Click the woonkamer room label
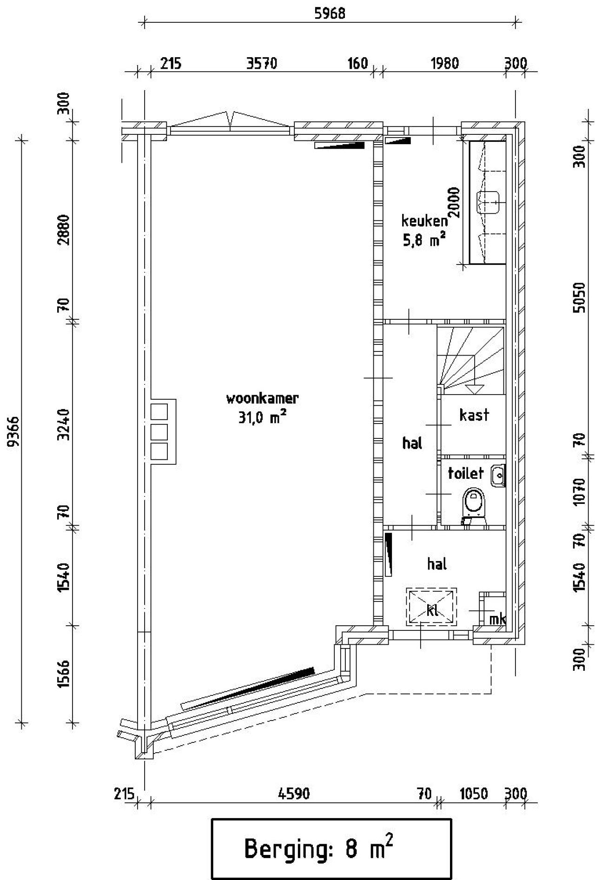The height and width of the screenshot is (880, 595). coord(262,398)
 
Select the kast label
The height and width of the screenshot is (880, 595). coord(474,415)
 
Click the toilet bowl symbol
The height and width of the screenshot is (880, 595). coord(474,503)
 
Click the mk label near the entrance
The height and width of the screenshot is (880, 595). coord(497,619)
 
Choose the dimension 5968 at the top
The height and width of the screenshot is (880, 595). coord(330,13)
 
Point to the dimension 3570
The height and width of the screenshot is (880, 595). coord(262,63)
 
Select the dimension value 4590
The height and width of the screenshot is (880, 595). coord(294,793)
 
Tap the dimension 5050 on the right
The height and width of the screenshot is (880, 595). coord(579,298)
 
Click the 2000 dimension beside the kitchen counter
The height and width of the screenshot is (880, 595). coord(455,202)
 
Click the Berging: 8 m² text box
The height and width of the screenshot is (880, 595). coord(331,849)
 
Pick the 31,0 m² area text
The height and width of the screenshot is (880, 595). coord(262,417)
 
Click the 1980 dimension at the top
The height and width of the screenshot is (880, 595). coord(445,63)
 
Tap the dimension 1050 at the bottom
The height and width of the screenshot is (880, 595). coord(474,793)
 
